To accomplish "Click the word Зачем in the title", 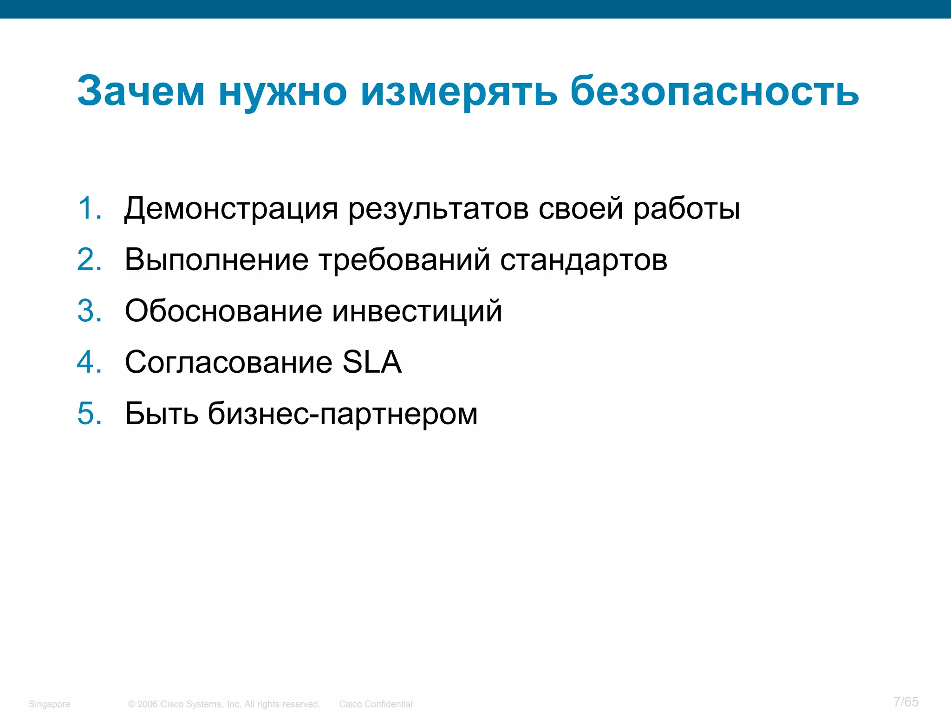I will pos(141,91).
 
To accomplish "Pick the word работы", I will pos(687,209).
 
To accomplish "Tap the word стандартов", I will pos(584,260).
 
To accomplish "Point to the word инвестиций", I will pos(417,311).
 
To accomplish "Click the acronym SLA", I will pos(371,362).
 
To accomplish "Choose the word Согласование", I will pos(228,362).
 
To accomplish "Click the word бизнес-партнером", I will pos(342,414).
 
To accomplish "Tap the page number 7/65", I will pos(906,701).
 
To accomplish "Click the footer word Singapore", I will pos(49,704).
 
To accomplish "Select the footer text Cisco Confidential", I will pos(376,704).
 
